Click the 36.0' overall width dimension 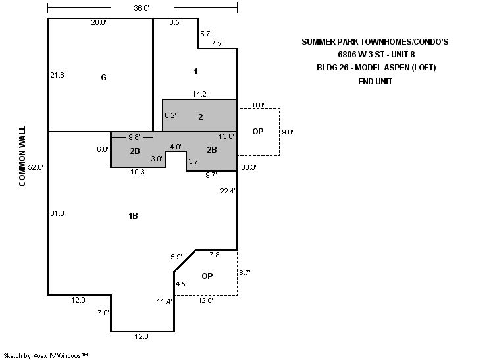tap(142, 8)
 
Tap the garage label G tap(103, 77)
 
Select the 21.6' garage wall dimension tap(58, 75)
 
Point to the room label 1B tap(133, 216)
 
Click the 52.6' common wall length tap(36, 167)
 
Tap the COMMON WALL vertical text tap(22, 156)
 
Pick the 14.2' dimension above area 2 tap(200, 94)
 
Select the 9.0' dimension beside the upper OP tap(288, 132)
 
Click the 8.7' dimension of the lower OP tap(245, 272)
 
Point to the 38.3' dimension tap(249, 167)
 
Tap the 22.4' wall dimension tap(228, 191)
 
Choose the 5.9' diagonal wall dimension tap(176, 257)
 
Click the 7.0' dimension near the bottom tap(103, 313)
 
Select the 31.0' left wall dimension tap(58, 213)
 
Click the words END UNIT tap(375, 82)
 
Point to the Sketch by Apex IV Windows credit tap(45, 355)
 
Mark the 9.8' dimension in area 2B tap(134, 137)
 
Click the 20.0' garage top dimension tap(99, 22)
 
